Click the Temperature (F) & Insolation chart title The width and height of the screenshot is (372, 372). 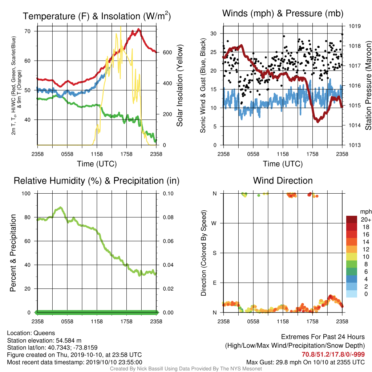pyautogui.click(x=97, y=16)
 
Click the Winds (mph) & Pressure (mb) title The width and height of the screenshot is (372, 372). pyautogui.click(x=283, y=13)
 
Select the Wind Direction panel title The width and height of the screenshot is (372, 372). pyautogui.click(x=283, y=181)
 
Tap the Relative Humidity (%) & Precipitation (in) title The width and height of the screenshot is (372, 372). pyautogui.click(x=97, y=181)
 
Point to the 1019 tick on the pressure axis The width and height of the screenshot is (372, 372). pyautogui.click(x=355, y=26)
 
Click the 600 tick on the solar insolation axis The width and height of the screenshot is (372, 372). pyautogui.click(x=167, y=52)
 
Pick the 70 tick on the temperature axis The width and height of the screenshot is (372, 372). pyautogui.click(x=28, y=31)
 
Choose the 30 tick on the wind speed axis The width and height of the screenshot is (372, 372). pyautogui.click(x=214, y=33)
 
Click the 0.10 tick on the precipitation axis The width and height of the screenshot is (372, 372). pyautogui.click(x=168, y=194)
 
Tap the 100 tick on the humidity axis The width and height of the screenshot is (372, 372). pyautogui.click(x=26, y=194)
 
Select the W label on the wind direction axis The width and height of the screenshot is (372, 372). pyautogui.click(x=214, y=223)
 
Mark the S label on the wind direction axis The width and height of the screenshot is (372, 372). pyautogui.click(x=214, y=253)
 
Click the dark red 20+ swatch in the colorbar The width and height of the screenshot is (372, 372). pyautogui.click(x=352, y=219)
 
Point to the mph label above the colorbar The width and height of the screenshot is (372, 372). pyautogui.click(x=366, y=212)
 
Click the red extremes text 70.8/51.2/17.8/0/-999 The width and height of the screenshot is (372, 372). pyautogui.click(x=333, y=355)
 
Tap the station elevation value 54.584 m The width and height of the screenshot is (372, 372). pyautogui.click(x=69, y=340)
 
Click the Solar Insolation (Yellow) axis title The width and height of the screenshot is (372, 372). pyautogui.click(x=179, y=85)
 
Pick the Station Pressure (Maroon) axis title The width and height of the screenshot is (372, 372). pyautogui.click(x=368, y=85)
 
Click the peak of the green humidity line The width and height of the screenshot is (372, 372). pyautogui.click(x=61, y=207)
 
